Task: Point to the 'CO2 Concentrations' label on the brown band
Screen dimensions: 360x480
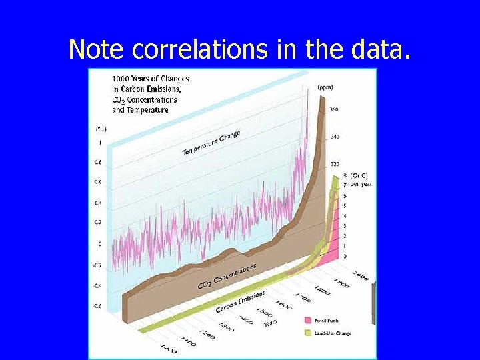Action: point(227,276)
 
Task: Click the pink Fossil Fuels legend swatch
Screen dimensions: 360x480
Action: point(307,320)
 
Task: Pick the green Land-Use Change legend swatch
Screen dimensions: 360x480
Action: point(307,333)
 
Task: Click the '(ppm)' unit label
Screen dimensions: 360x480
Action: point(325,87)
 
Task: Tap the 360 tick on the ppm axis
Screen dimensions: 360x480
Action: point(334,109)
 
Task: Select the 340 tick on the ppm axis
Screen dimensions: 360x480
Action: point(335,137)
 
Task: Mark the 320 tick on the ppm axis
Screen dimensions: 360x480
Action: point(335,163)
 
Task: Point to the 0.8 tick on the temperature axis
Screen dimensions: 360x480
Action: point(98,162)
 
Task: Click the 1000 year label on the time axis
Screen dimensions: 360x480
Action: point(168,347)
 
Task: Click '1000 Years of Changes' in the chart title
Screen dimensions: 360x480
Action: point(141,79)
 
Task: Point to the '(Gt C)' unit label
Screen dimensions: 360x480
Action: point(359,175)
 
